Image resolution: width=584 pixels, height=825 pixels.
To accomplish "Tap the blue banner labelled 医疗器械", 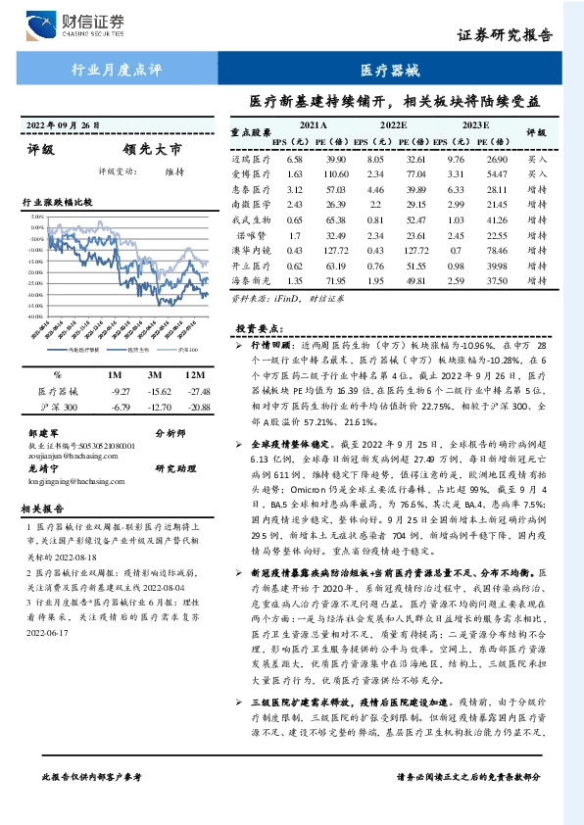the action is click(389, 71).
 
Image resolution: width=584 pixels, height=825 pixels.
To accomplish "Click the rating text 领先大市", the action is click(152, 151).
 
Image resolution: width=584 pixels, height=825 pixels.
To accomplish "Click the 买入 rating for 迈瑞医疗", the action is click(536, 159).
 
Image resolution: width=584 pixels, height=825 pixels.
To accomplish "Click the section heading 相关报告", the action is click(43, 508).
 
